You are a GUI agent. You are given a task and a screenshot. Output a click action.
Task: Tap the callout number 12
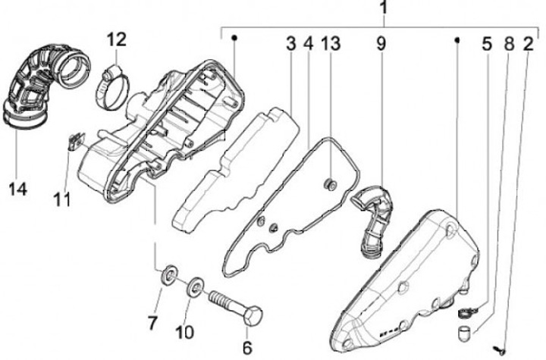117,38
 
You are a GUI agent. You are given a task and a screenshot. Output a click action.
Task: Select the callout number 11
62,199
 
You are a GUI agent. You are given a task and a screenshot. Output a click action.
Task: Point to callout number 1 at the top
384,9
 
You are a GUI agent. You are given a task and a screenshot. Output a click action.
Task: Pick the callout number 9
381,43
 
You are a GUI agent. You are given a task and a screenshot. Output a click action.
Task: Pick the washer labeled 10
195,284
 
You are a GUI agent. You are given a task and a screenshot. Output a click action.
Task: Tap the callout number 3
291,43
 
